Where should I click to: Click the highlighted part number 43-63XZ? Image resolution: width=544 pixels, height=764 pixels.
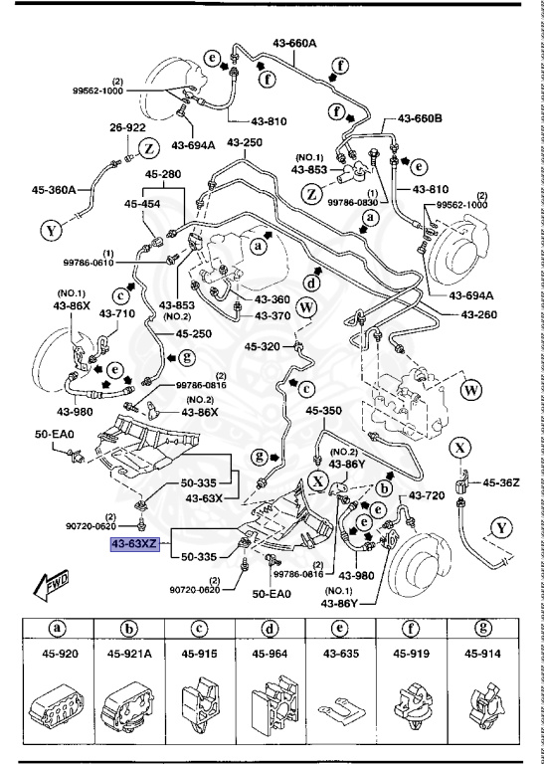pos(135,544)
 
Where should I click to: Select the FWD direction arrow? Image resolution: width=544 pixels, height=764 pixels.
pos(51,584)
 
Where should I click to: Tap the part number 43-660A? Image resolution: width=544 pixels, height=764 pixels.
pos(294,44)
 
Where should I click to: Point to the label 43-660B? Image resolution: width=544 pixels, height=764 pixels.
pos(420,118)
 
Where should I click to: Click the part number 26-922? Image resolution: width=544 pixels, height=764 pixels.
pos(127,127)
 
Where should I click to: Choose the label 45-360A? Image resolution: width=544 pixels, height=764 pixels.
pos(54,190)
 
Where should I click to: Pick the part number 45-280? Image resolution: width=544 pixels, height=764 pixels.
pos(163,174)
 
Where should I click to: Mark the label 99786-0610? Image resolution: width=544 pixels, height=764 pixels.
pos(88,263)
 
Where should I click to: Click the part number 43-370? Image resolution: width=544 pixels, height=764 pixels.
pos(272,315)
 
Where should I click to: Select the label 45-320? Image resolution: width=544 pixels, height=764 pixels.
pos(262,346)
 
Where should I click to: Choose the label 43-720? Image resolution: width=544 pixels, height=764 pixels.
pos(426,496)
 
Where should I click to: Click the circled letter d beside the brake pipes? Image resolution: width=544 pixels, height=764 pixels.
pos(311,284)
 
